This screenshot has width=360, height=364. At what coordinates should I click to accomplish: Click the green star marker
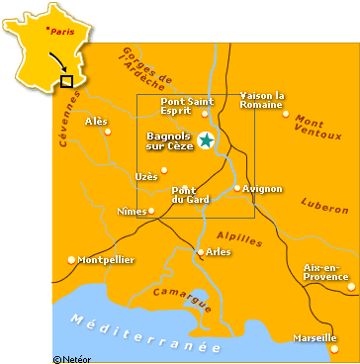click(206, 140)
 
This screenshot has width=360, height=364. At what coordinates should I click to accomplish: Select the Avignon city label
click(263, 188)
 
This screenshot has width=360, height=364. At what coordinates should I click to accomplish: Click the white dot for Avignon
click(237, 187)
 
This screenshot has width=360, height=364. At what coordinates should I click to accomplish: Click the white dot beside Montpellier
click(71, 259)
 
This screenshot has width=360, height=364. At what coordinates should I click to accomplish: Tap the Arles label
click(220, 252)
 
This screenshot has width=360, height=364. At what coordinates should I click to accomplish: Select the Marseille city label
click(314, 338)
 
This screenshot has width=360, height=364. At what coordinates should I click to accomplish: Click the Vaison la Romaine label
click(262, 100)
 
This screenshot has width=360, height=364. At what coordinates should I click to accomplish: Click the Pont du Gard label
click(186, 194)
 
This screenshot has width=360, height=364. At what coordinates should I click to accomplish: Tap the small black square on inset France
click(66, 81)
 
